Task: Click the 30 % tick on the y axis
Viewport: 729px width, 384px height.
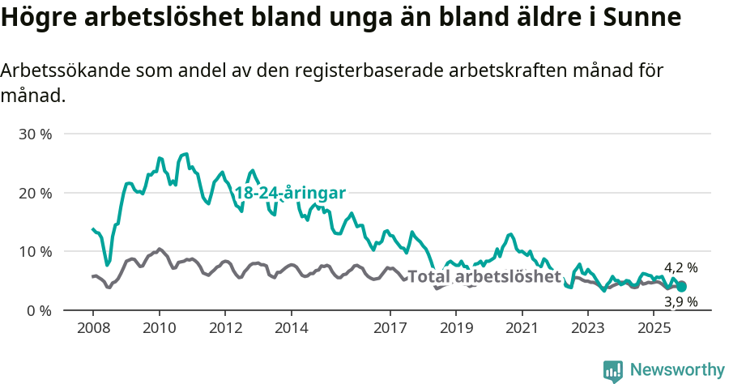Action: (x=35, y=134)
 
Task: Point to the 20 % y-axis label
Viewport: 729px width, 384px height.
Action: (x=35, y=193)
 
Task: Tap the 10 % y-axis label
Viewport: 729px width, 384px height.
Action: (x=35, y=252)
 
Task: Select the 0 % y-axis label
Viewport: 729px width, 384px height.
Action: (x=38, y=311)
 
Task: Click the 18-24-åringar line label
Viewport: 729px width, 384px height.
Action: (x=290, y=193)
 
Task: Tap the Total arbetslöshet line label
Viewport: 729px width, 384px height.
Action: (x=484, y=276)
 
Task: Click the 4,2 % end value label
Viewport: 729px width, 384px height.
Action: (x=680, y=267)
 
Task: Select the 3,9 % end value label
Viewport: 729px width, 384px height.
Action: (x=680, y=302)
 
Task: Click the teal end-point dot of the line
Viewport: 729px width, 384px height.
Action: (x=681, y=286)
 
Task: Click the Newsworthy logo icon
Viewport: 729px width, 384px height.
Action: (x=612, y=370)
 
